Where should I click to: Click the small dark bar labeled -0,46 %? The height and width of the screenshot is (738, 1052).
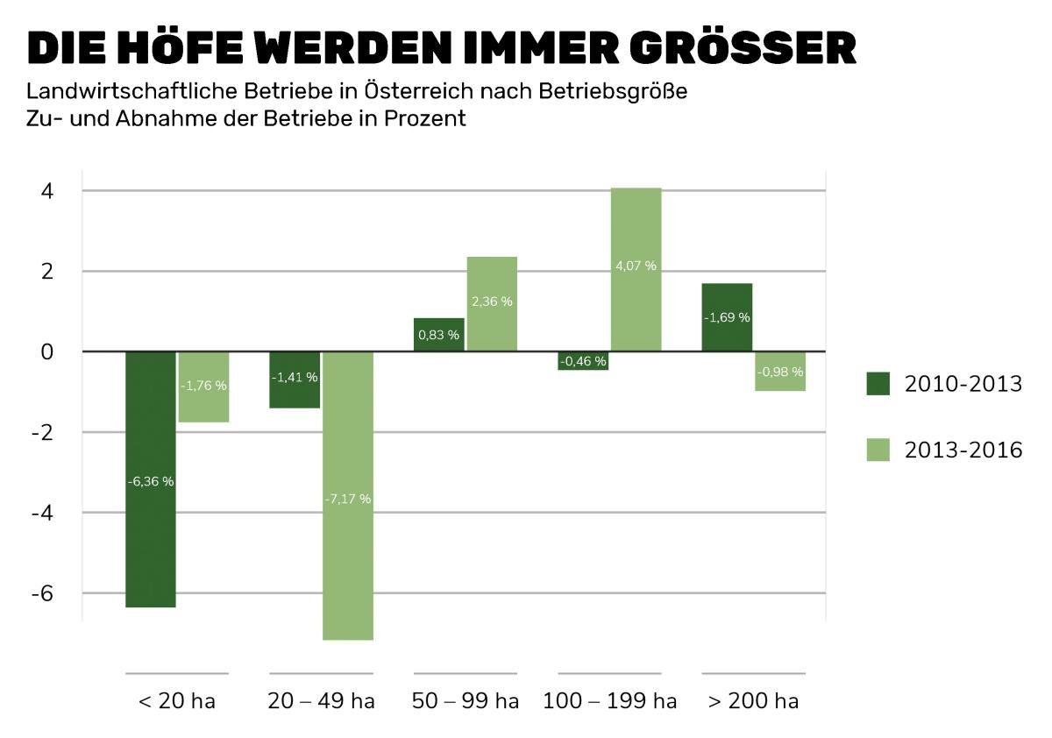coord(583,360)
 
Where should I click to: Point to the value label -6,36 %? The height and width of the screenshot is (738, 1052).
coord(150,481)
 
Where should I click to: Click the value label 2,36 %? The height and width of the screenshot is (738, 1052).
coord(492,302)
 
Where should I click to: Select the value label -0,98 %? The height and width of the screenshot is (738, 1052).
coord(779,372)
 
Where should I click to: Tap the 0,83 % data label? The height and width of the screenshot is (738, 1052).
coord(438,335)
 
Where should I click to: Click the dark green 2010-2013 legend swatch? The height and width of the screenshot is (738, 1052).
coord(878,384)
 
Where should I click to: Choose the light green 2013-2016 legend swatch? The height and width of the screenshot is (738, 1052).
coord(878,450)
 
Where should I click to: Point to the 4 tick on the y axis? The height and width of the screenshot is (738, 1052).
coord(46,191)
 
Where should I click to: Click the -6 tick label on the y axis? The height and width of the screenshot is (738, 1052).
coord(42,593)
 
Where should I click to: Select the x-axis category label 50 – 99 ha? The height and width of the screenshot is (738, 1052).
coord(465,702)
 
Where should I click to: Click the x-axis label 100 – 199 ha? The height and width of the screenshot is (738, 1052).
coord(609,702)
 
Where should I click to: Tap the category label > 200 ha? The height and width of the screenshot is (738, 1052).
coord(752,702)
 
